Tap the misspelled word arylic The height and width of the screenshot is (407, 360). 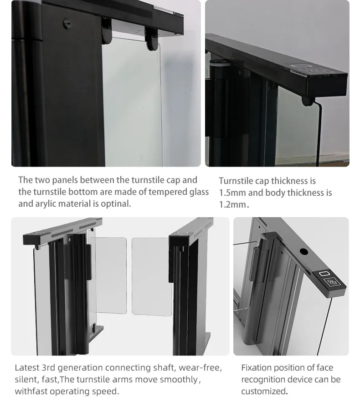[x=46, y=204]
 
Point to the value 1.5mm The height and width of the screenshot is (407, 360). [x=232, y=193]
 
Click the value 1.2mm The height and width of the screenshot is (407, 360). [x=233, y=205]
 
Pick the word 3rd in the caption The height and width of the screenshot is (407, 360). [x=48, y=368]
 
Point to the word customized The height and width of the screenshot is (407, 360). [x=264, y=392]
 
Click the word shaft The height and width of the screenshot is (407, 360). [x=165, y=368]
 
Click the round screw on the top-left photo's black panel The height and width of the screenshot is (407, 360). [x=67, y=23]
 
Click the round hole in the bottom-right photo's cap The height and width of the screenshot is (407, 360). [x=303, y=251]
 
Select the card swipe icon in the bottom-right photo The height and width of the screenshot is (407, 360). [x=332, y=282]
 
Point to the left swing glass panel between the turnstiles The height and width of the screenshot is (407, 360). [x=111, y=275]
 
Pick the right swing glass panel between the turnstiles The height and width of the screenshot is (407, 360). [x=151, y=276]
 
